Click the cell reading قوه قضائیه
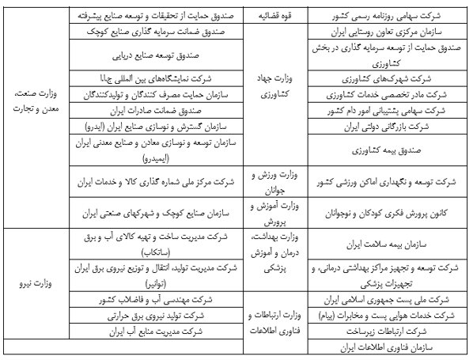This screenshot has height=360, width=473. [x=271, y=15]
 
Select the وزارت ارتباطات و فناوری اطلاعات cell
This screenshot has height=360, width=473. [x=271, y=322]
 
